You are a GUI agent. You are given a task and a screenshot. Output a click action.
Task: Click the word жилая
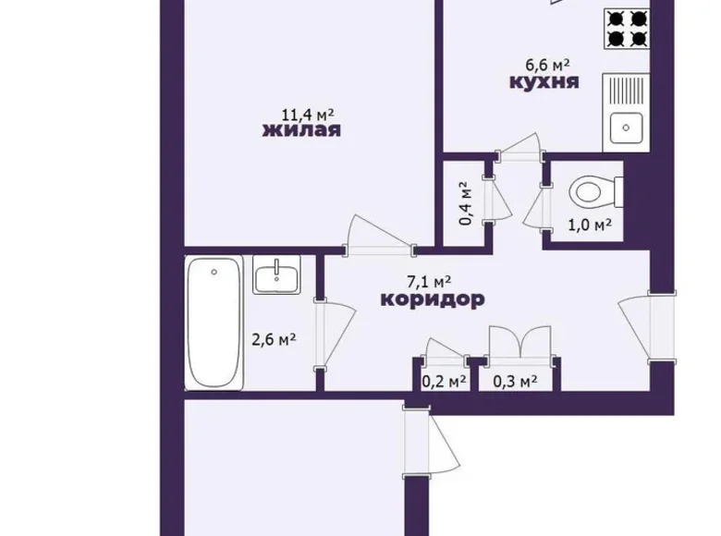pyautogui.click(x=302, y=130)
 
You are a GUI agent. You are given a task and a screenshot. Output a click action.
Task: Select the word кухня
pyautogui.click(x=544, y=82)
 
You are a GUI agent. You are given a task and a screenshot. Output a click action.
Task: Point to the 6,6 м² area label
pyautogui.click(x=544, y=65)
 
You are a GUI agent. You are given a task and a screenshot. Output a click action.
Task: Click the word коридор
pyautogui.click(x=433, y=299)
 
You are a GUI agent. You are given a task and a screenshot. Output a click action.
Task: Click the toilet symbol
pyautogui.click(x=593, y=191)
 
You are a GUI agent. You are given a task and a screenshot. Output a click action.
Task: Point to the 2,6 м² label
pyautogui.click(x=274, y=339)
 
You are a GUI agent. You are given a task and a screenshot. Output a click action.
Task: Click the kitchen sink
pyautogui.click(x=627, y=127)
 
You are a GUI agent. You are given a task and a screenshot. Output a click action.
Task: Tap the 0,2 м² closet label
pyautogui.click(x=443, y=379)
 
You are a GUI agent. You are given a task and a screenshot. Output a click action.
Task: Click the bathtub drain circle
pyautogui.click(x=214, y=272)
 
